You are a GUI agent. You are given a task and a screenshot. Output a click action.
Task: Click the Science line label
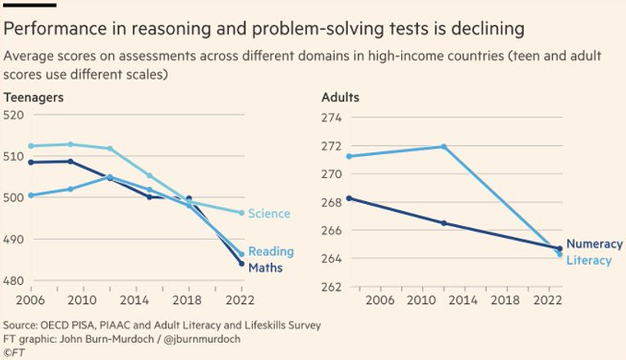[x=269, y=213]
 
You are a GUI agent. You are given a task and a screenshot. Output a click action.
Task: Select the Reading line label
[x=271, y=252]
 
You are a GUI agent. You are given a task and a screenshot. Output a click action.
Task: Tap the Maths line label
[x=266, y=268]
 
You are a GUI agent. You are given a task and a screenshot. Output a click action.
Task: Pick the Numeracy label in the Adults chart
[x=594, y=244]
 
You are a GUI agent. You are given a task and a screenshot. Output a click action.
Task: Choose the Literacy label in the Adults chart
[x=589, y=260]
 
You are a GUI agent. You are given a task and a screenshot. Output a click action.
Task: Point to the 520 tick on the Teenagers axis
[x=15, y=114]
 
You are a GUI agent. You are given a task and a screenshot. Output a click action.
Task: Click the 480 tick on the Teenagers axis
[x=15, y=281]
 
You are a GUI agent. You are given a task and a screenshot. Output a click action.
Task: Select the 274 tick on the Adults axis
[x=332, y=117]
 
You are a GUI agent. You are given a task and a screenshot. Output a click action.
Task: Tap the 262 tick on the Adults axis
[x=332, y=286]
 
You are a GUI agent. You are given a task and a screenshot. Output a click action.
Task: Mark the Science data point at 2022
[x=241, y=213]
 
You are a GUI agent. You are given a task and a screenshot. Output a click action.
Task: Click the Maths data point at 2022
[x=241, y=263]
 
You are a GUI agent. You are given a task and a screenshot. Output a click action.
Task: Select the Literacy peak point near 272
[x=443, y=147]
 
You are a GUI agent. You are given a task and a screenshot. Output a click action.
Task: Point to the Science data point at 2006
[x=31, y=146]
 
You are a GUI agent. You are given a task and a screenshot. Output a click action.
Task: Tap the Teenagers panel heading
[x=34, y=97]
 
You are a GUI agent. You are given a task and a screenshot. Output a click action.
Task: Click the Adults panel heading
[x=339, y=97]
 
